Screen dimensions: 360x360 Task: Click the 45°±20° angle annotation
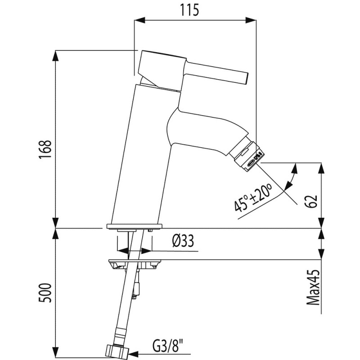pos(253,198)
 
